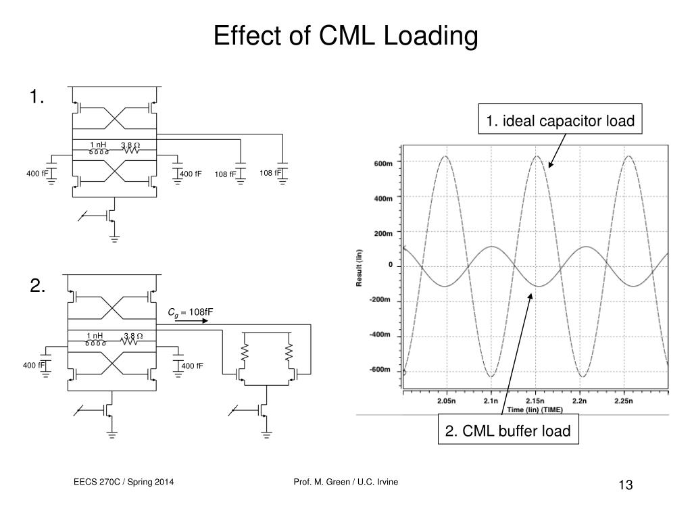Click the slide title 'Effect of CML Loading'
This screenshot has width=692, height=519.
coord(345,36)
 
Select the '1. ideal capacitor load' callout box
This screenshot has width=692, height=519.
coord(560,122)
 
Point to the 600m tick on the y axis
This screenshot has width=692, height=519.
coord(383,163)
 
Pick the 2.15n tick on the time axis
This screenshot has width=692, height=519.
coord(535,401)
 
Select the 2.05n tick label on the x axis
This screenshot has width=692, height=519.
coord(446,401)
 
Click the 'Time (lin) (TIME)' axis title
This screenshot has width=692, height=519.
coord(535,410)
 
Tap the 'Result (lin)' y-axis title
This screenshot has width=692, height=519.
coord(360,268)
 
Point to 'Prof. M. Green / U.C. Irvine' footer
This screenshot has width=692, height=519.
coord(346,481)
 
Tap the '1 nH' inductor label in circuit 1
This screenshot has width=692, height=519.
coord(99,145)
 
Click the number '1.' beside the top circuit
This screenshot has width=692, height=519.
coord(37,98)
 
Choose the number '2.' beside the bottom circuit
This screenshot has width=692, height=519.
coord(38,287)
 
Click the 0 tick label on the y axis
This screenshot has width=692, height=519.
coord(391,265)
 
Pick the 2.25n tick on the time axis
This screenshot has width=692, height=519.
coord(624,401)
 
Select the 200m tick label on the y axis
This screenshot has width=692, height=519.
coord(383,232)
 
